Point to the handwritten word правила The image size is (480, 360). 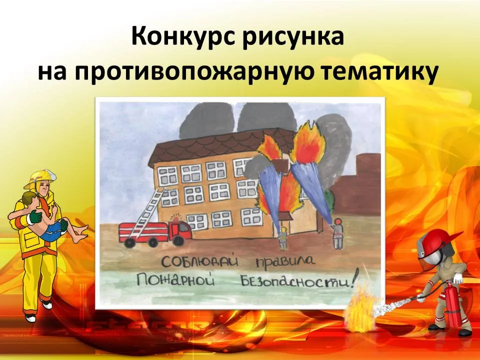(x=284, y=262)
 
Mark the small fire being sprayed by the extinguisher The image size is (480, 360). (x=359, y=309)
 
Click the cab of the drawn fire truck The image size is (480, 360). (x=181, y=231)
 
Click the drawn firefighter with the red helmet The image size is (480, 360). (x=337, y=233)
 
